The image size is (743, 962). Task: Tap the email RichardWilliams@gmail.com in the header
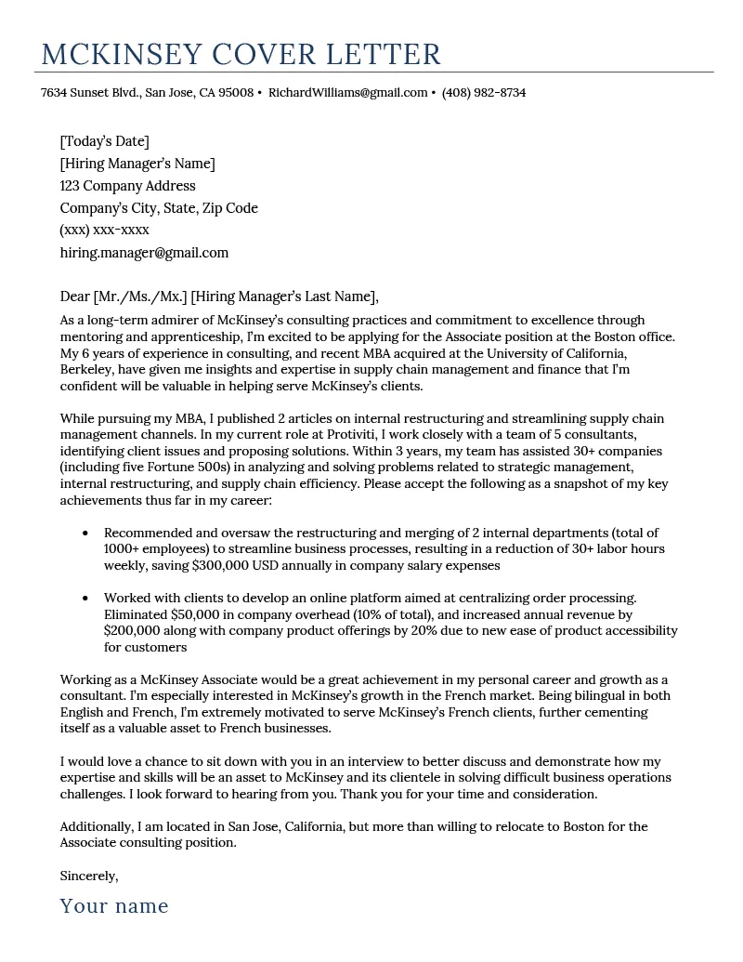(x=348, y=93)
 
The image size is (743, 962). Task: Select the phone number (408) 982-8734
(x=484, y=93)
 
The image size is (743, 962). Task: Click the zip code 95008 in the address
(x=236, y=93)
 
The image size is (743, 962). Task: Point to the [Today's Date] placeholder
(x=104, y=141)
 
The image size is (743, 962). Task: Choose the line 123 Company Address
(x=128, y=186)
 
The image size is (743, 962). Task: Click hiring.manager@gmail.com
(x=144, y=253)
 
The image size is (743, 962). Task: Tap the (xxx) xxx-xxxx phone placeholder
(x=104, y=230)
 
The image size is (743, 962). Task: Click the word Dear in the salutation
(x=74, y=297)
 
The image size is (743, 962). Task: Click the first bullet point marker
(x=85, y=534)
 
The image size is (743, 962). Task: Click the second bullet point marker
(x=85, y=599)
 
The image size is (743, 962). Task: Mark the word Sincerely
(x=89, y=876)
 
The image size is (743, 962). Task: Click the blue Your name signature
(x=114, y=906)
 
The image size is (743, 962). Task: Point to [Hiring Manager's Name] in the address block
(x=137, y=164)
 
